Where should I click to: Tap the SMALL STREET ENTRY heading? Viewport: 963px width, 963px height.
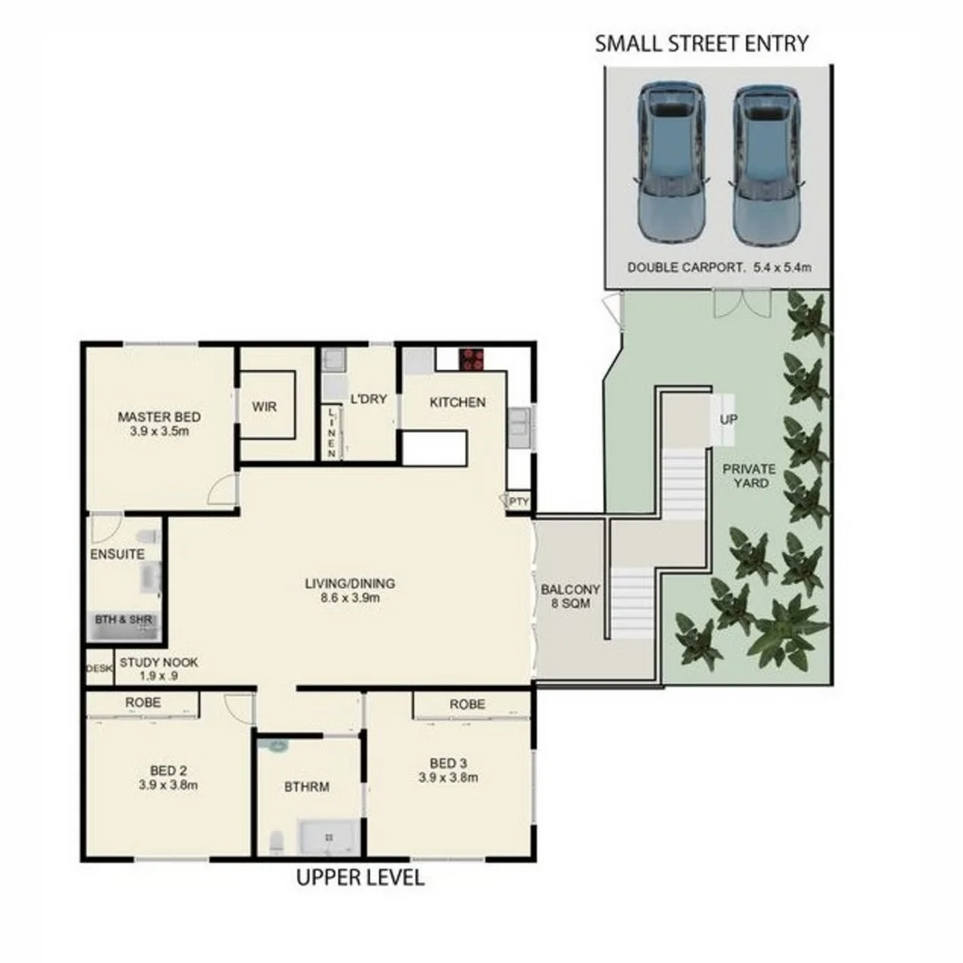[702, 43]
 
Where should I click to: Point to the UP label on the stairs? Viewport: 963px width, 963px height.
[728, 418]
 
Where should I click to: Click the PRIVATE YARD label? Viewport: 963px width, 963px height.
[749, 476]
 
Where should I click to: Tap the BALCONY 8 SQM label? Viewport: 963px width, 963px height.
[571, 597]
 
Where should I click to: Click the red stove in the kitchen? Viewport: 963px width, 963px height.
[471, 359]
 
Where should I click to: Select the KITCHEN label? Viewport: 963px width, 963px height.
[458, 402]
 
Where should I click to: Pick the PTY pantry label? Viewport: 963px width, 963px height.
[519, 502]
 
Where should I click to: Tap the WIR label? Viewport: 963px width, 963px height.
[264, 407]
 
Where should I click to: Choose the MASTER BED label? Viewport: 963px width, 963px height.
[160, 424]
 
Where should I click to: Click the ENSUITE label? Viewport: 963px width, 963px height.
[117, 554]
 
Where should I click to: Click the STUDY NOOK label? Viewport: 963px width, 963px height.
[159, 669]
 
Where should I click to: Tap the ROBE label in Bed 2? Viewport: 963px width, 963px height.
[143, 703]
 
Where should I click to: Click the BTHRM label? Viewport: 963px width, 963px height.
[308, 787]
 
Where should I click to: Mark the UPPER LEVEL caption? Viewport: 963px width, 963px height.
[360, 878]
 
